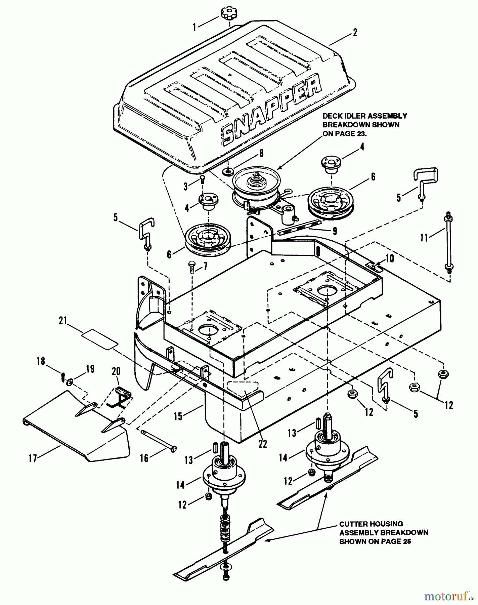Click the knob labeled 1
click(x=229, y=15)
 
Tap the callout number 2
click(x=355, y=33)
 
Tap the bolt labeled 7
click(x=192, y=268)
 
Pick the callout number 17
click(x=33, y=458)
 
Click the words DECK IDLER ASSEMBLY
click(x=364, y=116)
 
